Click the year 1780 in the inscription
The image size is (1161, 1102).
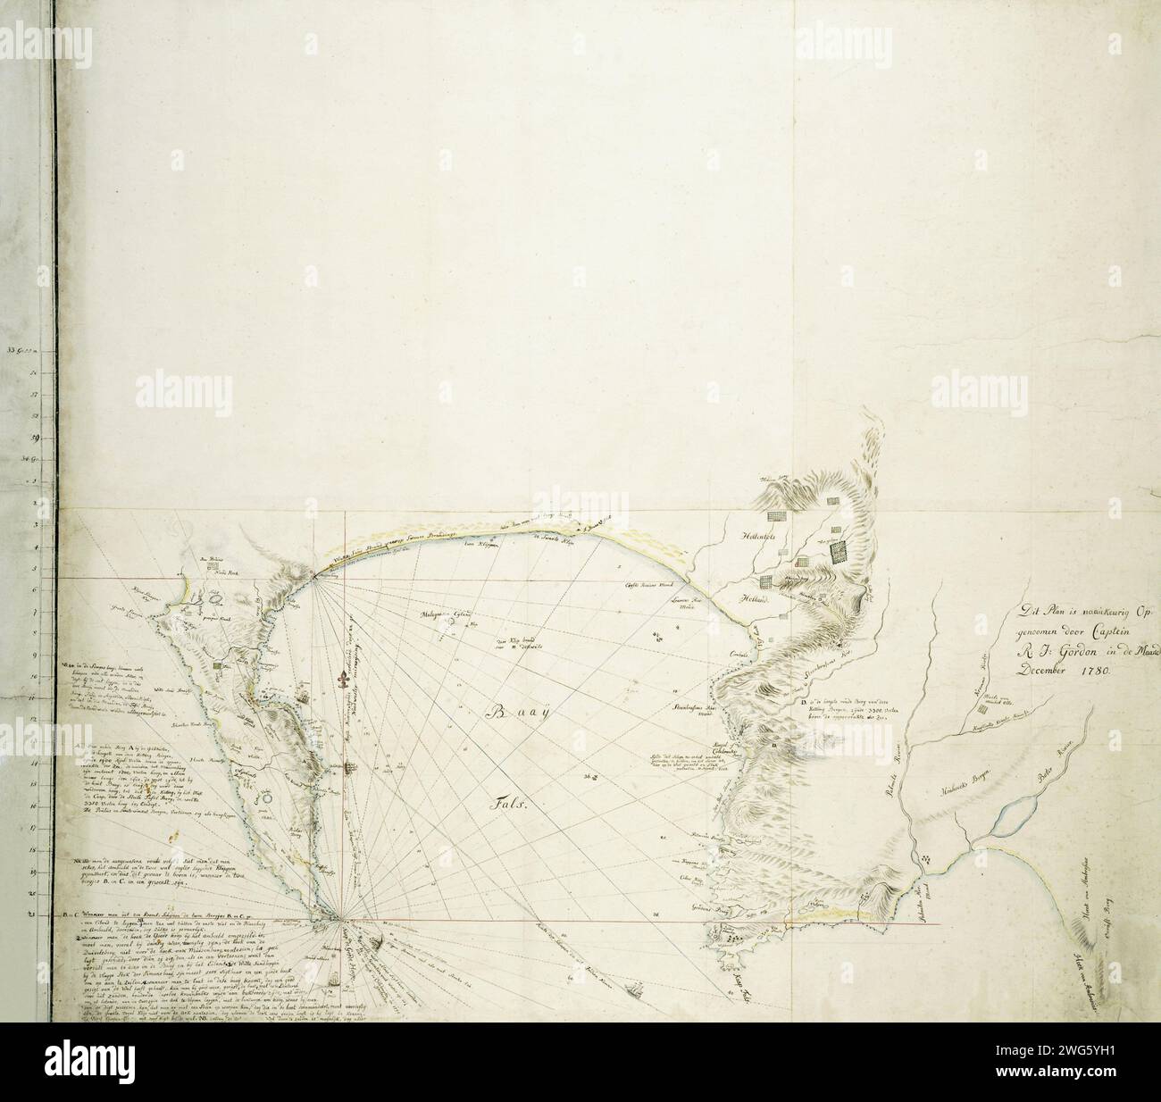[x=1082, y=668]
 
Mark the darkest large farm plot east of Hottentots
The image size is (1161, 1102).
[x=839, y=554]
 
